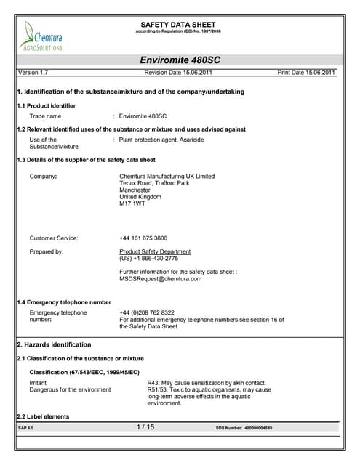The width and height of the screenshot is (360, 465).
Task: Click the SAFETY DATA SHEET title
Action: tap(179, 25)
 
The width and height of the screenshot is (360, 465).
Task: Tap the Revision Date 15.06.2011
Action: tap(179, 73)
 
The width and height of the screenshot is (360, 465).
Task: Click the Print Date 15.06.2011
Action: tap(306, 73)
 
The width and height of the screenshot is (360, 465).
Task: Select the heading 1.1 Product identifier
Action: tap(46, 106)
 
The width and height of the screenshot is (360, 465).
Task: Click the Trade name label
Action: tap(45, 116)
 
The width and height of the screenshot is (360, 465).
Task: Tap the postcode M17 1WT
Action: tap(132, 204)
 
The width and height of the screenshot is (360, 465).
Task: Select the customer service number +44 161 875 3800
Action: tap(143, 238)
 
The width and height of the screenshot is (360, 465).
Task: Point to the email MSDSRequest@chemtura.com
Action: tap(160, 278)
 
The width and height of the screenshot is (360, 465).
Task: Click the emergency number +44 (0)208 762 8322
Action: tap(147, 312)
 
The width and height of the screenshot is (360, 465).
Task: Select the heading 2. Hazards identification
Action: tap(54, 344)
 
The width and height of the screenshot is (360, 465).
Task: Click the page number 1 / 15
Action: tap(145, 428)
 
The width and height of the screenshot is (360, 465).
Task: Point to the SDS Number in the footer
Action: tap(244, 429)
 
